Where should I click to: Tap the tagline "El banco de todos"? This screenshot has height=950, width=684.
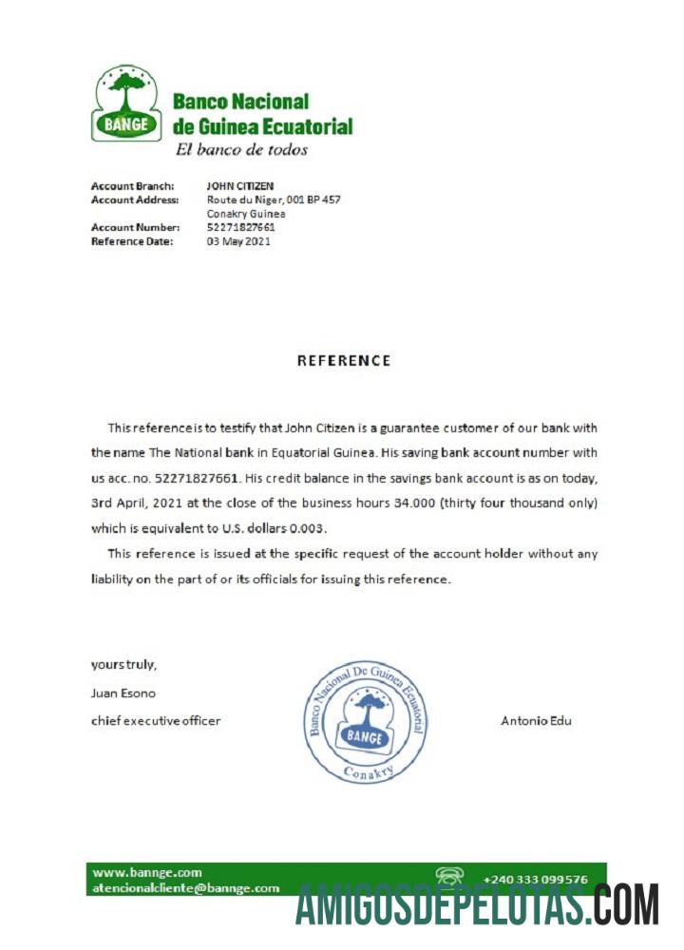tap(241, 149)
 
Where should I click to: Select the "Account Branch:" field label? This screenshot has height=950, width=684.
tap(132, 186)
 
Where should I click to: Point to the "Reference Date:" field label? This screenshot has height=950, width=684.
tap(132, 241)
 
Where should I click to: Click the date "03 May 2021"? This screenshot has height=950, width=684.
tap(238, 241)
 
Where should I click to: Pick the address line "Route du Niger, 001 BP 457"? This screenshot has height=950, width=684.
tap(274, 199)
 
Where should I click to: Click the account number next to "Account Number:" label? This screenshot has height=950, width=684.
tap(241, 228)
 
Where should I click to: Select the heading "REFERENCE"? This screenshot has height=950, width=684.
tap(344, 361)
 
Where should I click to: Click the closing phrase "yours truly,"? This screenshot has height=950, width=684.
tap(123, 664)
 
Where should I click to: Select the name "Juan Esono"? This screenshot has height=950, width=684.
tap(123, 693)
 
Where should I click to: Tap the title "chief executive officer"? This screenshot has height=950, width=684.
tap(156, 721)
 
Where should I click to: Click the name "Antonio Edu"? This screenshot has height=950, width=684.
tap(536, 721)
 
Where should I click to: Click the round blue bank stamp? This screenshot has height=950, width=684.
tap(364, 722)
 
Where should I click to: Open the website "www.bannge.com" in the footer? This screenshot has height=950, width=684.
tap(147, 872)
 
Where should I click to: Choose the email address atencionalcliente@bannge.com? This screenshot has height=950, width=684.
tap(185, 888)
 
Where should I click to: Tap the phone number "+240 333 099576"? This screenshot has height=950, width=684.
tap(536, 880)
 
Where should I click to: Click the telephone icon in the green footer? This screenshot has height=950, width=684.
tap(448, 877)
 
